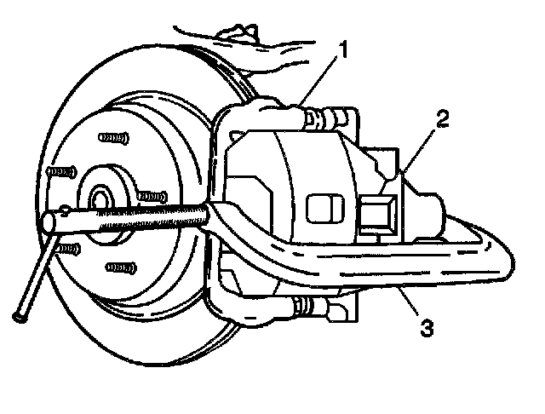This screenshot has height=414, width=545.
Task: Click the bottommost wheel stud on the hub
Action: click(x=119, y=267)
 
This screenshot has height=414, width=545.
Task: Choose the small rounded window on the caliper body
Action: click(x=321, y=205)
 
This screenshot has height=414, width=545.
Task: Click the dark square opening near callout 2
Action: click(x=376, y=213)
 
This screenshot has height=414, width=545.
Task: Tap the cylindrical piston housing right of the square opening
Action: click(x=426, y=213)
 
